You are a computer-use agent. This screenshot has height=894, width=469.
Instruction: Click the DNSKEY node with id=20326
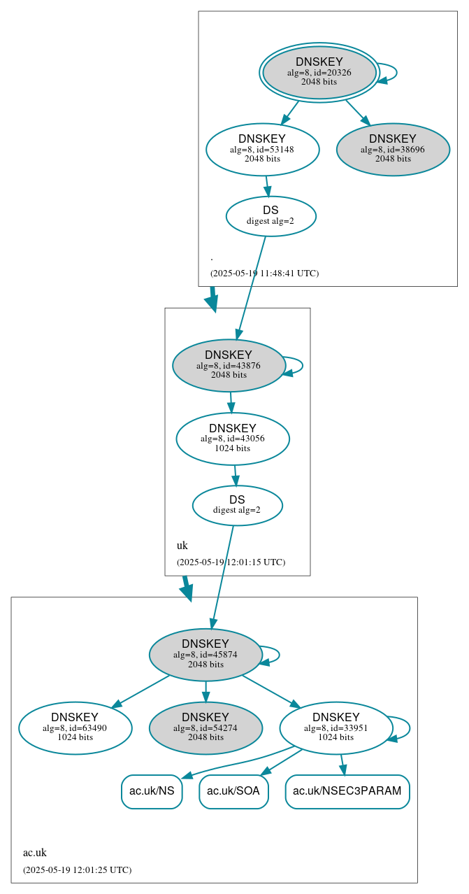(319, 72)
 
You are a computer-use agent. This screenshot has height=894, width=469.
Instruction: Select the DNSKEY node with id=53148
(263, 149)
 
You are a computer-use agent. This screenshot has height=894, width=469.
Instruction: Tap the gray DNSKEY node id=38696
(393, 149)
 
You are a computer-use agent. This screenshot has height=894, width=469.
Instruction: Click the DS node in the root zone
(270, 216)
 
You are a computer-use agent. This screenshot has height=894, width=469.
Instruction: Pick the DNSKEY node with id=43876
(229, 365)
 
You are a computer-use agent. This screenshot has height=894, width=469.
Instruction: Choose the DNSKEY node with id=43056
(233, 439)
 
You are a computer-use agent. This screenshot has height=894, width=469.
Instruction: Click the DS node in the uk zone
(237, 505)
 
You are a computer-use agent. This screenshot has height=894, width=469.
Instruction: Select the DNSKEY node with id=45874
(205, 655)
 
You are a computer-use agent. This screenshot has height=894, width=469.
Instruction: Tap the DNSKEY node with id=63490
(75, 728)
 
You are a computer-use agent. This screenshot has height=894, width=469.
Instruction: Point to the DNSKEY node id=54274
(205, 728)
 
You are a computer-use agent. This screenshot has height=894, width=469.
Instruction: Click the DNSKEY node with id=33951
(336, 728)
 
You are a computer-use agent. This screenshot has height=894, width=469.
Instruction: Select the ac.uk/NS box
(152, 791)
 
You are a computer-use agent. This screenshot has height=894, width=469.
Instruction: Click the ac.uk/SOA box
(233, 791)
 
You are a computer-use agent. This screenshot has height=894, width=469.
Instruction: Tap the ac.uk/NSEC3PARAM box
(347, 791)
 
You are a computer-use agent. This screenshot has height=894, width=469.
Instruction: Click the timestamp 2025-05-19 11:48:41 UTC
(264, 274)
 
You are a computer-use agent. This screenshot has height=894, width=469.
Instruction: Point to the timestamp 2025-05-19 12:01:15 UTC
(231, 562)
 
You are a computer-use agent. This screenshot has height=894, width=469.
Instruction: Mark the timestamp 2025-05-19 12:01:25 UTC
(77, 870)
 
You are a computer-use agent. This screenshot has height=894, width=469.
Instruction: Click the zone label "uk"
(182, 546)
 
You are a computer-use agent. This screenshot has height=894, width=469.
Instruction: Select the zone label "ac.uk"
(35, 853)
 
